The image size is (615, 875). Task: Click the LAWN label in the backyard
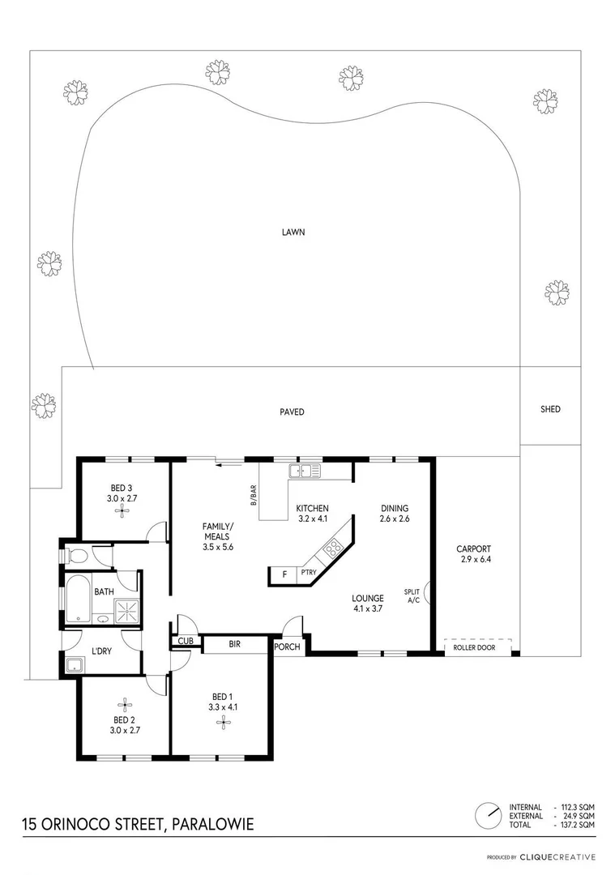pyautogui.click(x=293, y=232)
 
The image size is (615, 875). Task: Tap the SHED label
pyautogui.click(x=550, y=409)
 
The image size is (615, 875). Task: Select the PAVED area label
pyautogui.click(x=292, y=412)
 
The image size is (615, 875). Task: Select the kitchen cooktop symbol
pyautogui.click(x=332, y=550)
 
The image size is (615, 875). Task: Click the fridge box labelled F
pyautogui.click(x=284, y=575)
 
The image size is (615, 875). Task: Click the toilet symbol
pyautogui.click(x=75, y=557)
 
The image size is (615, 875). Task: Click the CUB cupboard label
pyautogui.click(x=185, y=642)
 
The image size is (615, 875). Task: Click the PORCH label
pyautogui.click(x=287, y=647)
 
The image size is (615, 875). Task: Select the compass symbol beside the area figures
pyautogui.click(x=488, y=813)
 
